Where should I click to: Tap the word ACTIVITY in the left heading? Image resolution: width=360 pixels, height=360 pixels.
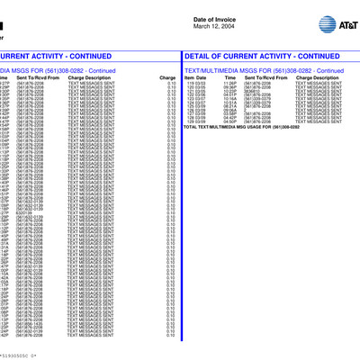[53, 56]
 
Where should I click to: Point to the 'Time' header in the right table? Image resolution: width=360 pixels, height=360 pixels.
[230, 78]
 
